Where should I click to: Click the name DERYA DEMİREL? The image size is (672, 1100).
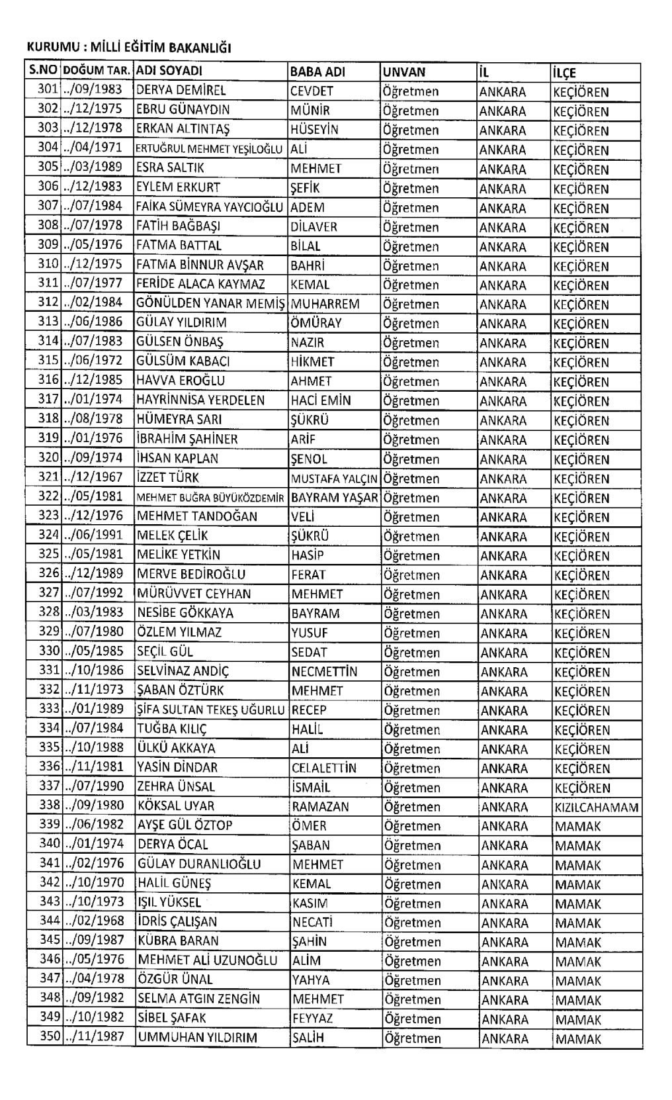[x=181, y=91]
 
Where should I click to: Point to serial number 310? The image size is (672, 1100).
[x=48, y=264]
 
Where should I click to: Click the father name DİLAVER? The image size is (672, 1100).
[x=314, y=226]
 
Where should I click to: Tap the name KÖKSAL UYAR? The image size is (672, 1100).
[x=175, y=806]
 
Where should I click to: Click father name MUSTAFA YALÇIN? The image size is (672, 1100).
[x=334, y=479]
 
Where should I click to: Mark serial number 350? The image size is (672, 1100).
[x=50, y=1036]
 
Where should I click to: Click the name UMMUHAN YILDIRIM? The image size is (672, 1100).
[x=197, y=1037]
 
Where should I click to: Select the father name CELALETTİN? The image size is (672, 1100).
[x=323, y=768]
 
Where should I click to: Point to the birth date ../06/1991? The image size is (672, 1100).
[x=94, y=535]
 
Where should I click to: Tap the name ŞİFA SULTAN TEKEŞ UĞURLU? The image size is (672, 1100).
[x=210, y=710]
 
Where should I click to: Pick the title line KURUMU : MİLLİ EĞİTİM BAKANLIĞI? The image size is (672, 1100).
[x=129, y=48]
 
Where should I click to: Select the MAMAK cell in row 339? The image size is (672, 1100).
[x=578, y=826]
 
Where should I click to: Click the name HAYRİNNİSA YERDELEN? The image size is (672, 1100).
[x=200, y=400]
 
